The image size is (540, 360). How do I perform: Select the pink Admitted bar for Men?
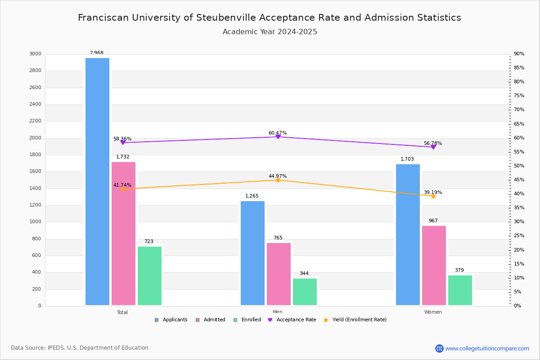coord(279,274)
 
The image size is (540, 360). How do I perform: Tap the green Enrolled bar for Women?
coord(460,290)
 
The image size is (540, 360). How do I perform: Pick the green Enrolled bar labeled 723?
coord(149,276)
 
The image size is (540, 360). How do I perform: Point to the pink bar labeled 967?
coord(434,265)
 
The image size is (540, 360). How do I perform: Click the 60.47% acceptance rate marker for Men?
coord(278,136)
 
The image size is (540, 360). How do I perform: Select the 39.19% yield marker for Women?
coord(433,196)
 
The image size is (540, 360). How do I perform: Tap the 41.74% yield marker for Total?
coord(123,189)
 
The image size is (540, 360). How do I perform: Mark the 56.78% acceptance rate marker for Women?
coord(433,147)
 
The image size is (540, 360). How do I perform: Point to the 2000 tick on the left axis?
coord(35,138)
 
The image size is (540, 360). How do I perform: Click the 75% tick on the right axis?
coord(519,96)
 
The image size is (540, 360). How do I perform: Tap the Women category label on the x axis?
coord(433,312)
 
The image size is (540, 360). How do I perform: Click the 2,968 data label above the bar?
coord(96,53)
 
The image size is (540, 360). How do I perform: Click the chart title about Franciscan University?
coord(270,18)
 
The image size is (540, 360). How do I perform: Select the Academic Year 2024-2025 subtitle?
coord(270,32)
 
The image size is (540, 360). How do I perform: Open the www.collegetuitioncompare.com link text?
coord(487,348)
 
